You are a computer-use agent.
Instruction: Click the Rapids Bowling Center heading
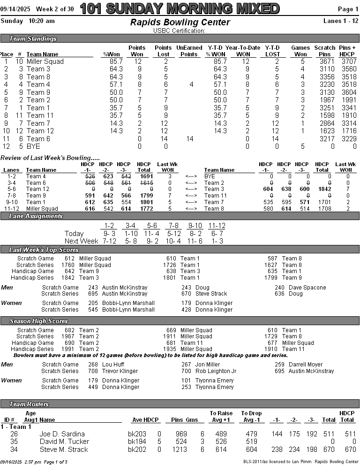point(180,23)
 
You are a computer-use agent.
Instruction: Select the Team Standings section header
point(33,39)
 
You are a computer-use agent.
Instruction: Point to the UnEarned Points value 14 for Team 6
point(189,139)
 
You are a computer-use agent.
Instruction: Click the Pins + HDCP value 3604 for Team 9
point(346,92)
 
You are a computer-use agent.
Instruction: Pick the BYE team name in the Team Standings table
point(33,146)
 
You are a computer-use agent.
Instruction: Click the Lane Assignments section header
point(36,216)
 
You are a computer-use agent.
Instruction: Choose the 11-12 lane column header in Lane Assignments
point(217,226)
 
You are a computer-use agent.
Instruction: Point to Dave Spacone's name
point(307,288)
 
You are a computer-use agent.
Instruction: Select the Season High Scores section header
point(39,321)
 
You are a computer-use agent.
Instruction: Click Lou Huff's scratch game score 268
point(93,365)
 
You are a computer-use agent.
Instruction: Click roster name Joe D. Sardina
point(62,434)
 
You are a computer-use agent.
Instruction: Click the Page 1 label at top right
point(348,9)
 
